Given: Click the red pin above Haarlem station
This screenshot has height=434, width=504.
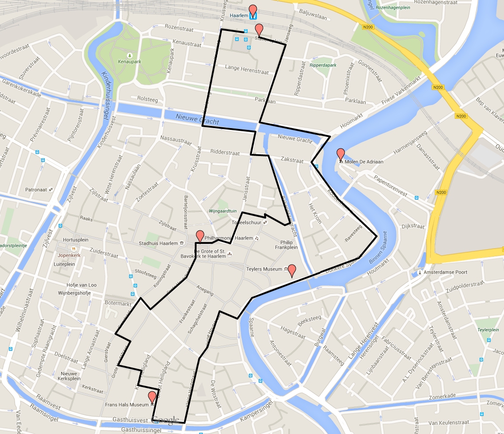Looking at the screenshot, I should pos(253,10).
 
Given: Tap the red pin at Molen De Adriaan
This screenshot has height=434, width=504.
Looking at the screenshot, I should pos(341,154).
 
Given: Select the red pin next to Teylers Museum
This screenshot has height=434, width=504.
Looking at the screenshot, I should pos(292,270).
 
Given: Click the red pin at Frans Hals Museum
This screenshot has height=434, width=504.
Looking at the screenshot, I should pos(152,397).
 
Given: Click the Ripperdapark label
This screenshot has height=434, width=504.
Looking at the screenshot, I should pos(323,65).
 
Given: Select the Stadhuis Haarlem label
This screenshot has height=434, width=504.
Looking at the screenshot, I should pos(158,243).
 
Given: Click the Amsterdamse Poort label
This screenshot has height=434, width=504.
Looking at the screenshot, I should pos(445,272).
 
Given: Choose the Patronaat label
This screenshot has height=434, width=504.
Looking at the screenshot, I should pos(36,190).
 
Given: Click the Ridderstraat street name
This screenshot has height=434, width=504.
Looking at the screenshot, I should pos(225,152).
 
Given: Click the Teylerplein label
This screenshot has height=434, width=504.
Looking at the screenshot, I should pos(488,330).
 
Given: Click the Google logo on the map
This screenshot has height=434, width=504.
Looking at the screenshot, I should pos(165,419).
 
